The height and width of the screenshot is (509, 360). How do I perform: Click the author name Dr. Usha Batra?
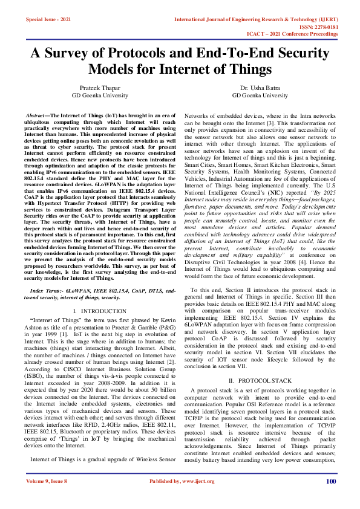click(x=260, y=88)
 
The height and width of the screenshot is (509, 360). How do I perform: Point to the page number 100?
click(x=331, y=498)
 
